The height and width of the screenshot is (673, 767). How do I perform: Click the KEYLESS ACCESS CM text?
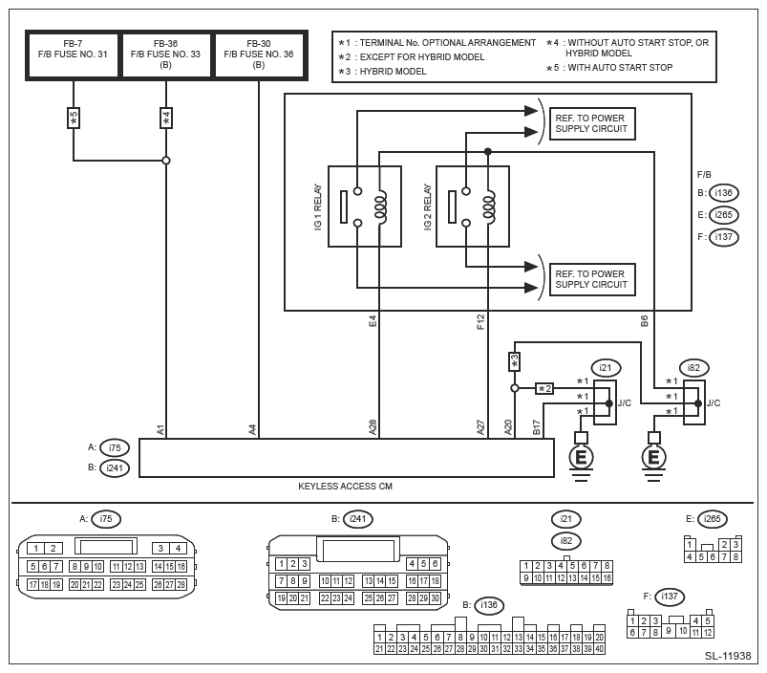[x=346, y=486]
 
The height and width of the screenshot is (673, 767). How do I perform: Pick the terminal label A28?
[x=373, y=427]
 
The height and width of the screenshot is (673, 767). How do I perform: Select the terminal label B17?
[x=536, y=427]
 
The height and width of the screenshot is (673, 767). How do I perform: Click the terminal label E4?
[x=373, y=321]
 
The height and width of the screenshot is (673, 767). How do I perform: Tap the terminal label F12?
[x=481, y=321]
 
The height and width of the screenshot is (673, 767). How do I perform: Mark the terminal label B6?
[x=645, y=321]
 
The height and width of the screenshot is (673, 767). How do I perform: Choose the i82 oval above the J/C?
[x=694, y=367]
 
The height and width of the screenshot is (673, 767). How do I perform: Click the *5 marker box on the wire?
[x=74, y=118]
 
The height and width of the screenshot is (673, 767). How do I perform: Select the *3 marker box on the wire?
[x=514, y=361]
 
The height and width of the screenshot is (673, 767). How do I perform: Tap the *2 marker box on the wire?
[x=544, y=388]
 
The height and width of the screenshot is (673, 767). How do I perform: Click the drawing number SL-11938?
[x=728, y=657]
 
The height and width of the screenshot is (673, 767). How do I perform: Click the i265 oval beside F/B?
[x=724, y=215]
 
